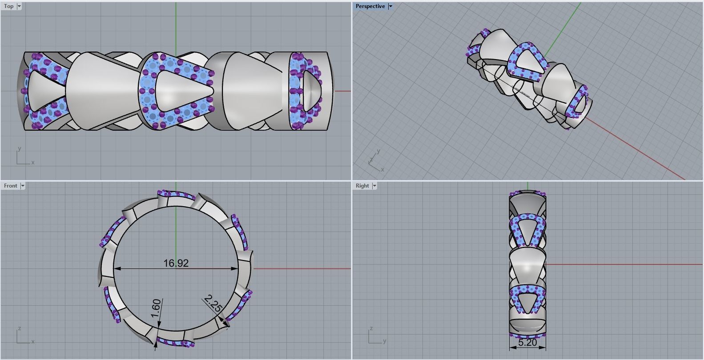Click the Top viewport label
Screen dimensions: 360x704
coord(8,6)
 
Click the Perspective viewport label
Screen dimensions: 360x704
coord(370,6)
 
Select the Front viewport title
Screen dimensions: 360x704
coord(10,186)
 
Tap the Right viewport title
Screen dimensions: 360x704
coord(362,186)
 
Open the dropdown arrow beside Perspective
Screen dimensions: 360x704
coord(390,6)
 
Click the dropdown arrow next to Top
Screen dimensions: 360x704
coord(19,6)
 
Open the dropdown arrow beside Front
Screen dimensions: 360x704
coord(23,186)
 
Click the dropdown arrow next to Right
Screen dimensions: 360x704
coord(374,186)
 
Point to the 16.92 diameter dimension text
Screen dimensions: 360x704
coord(176,263)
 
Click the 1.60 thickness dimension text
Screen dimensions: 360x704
coord(156,308)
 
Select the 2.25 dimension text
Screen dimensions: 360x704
coord(213,304)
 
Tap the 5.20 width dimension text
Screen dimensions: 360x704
coord(527,343)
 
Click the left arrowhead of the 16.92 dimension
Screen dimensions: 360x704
coord(117,268)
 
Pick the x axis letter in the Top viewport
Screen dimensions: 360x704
coord(33,163)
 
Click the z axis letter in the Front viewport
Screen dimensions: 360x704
coord(19,328)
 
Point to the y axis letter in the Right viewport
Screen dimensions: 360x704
coord(385,341)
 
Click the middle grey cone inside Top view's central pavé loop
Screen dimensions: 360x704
coord(180,90)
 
